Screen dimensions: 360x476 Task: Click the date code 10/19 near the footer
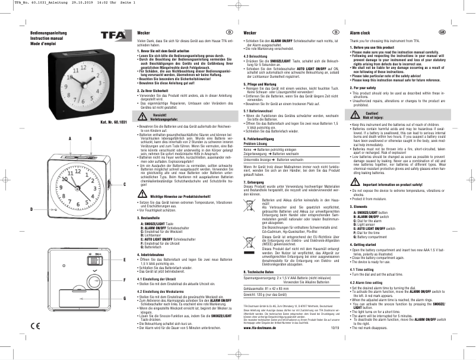point(335,343)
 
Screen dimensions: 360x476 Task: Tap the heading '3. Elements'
point(362,205)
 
